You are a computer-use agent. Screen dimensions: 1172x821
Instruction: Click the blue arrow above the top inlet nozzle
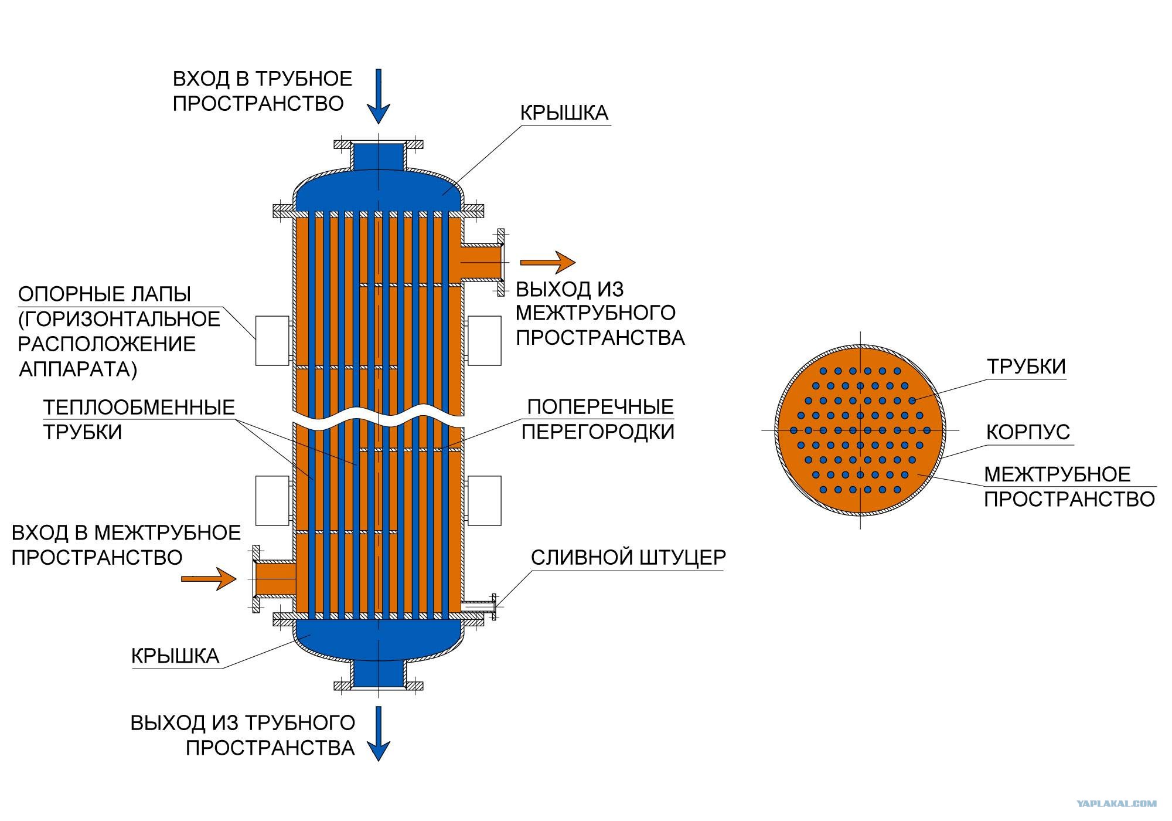coord(378,96)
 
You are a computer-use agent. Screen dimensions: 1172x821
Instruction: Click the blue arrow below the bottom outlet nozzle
coord(378,733)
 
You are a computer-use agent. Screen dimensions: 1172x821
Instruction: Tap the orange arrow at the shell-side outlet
coord(548,262)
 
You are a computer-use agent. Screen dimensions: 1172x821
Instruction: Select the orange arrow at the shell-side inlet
coord(209,578)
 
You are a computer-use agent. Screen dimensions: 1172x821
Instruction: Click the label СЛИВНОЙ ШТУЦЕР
coord(628,557)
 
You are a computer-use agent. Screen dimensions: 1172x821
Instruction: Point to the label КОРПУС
coord(1028,432)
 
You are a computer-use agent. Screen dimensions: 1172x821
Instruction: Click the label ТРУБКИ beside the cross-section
coord(1026,367)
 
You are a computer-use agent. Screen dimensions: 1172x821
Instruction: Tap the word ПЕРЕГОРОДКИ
coord(598,432)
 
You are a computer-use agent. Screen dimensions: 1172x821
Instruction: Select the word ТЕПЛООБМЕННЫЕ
coord(139,407)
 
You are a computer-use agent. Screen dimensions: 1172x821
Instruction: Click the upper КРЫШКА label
coord(564,113)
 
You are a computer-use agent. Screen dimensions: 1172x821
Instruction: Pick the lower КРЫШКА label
coord(175,656)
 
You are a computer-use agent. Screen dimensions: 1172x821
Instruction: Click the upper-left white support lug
coord(272,341)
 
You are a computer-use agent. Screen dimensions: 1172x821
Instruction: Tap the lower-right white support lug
coord(484,500)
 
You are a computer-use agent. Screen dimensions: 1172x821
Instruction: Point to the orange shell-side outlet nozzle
coord(482,262)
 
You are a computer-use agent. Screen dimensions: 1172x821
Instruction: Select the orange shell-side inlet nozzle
coord(274,579)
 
